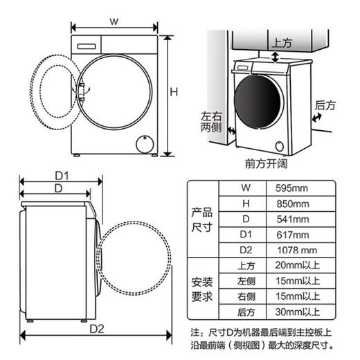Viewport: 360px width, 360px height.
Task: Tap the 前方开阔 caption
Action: (265, 163)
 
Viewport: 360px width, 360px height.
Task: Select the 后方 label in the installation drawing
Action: (325, 106)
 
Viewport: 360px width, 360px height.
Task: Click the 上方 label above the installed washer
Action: (282, 42)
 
